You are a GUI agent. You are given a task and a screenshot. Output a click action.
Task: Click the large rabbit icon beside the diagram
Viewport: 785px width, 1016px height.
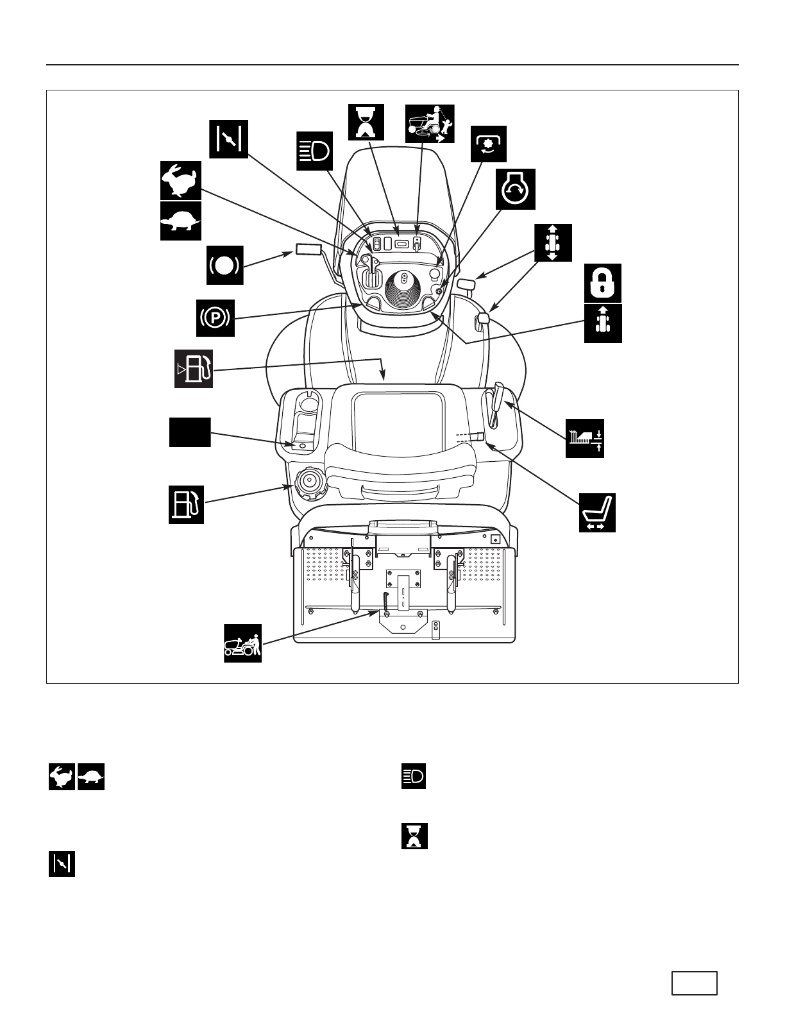point(180,180)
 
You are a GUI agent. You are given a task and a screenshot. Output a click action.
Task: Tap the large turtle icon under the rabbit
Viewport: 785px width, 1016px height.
point(180,221)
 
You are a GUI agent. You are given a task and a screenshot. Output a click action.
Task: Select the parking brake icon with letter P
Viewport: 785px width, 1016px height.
point(215,317)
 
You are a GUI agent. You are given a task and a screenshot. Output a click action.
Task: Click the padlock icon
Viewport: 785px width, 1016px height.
point(603,282)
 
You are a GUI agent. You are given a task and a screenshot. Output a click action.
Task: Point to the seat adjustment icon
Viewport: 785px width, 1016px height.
point(597,512)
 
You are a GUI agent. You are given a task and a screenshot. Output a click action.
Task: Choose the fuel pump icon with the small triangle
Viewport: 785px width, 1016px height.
point(194,369)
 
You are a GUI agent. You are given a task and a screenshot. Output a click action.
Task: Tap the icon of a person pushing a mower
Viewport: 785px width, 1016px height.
point(242,643)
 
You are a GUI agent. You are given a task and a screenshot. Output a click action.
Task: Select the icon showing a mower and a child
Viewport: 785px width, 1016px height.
point(430,124)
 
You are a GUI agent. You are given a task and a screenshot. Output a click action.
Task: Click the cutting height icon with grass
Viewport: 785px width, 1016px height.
point(585,438)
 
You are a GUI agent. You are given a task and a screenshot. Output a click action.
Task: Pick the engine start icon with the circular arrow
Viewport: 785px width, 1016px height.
point(516,189)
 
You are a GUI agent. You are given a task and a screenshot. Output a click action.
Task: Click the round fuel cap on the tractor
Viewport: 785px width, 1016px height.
point(310,482)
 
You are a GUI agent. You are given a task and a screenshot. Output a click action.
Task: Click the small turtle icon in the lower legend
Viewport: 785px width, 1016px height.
point(91,777)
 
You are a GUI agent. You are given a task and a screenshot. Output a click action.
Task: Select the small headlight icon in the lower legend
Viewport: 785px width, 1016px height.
point(414,777)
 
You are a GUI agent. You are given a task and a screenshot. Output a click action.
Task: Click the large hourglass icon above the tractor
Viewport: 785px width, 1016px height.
point(366,122)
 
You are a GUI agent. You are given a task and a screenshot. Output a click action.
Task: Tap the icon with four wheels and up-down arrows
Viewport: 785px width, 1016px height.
point(553,242)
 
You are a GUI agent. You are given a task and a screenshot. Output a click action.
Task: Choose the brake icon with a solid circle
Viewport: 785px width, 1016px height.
point(225,265)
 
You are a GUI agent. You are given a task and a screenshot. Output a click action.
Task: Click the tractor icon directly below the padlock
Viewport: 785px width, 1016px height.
point(603,323)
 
